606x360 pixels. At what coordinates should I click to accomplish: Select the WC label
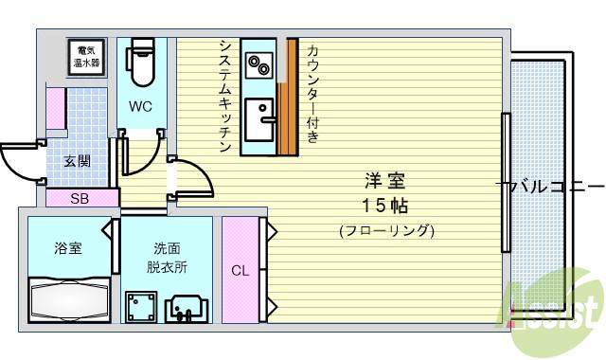click(141, 106)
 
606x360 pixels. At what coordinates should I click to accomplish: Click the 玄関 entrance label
click(78, 161)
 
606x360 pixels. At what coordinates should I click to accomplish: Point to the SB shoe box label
click(80, 199)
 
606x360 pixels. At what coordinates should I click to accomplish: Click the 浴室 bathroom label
click(66, 249)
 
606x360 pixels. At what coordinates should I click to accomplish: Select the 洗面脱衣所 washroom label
click(167, 258)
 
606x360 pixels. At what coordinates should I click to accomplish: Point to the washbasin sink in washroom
click(188, 308)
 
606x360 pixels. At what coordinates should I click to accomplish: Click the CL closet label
click(240, 271)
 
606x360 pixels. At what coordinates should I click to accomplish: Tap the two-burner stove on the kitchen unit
click(258, 64)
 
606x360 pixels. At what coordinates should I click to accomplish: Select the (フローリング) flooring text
click(385, 230)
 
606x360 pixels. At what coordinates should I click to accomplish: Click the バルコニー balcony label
click(551, 187)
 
